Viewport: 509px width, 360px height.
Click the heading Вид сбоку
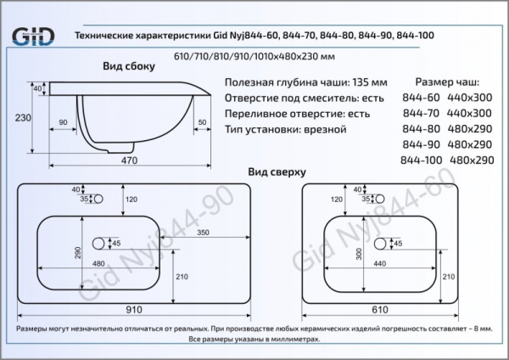[129, 66]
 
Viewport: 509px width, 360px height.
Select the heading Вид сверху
[277, 171]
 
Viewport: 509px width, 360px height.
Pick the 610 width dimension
[382, 312]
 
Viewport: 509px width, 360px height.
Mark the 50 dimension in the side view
[201, 123]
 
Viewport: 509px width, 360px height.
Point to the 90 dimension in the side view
[63, 123]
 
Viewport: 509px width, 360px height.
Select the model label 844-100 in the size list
[422, 160]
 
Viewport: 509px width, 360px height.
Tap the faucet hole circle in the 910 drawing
[98, 200]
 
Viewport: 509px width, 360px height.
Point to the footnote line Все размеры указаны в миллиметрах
[255, 338]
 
